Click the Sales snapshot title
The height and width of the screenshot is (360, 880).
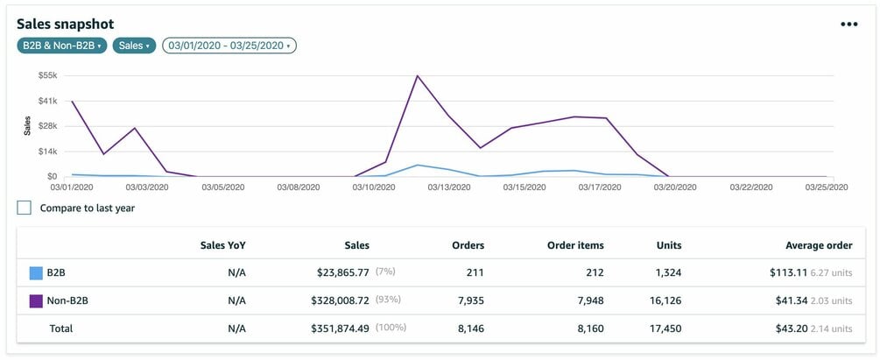pyautogui.click(x=65, y=25)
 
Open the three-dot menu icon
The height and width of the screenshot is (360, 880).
pyautogui.click(x=848, y=25)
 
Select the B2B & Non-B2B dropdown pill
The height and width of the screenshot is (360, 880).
pyautogui.click(x=61, y=46)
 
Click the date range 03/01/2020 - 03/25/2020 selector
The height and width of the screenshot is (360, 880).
pyautogui.click(x=229, y=46)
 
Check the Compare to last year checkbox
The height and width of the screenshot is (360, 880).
pyautogui.click(x=25, y=208)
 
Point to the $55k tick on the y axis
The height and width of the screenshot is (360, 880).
pyautogui.click(x=46, y=76)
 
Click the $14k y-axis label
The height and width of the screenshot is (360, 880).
pyautogui.click(x=46, y=152)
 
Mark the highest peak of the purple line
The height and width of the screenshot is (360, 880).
pyautogui.click(x=418, y=76)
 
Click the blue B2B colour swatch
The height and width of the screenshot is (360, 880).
pyautogui.click(x=37, y=272)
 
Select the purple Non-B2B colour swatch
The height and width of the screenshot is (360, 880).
pyautogui.click(x=37, y=300)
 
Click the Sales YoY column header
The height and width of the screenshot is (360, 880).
pyautogui.click(x=223, y=245)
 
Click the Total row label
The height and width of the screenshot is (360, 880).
pyautogui.click(x=60, y=328)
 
